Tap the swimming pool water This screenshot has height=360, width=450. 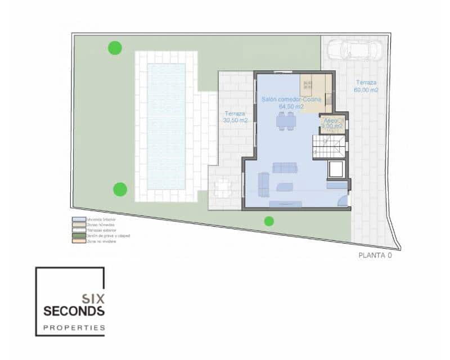point(166,126)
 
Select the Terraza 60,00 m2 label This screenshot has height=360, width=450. point(366,85)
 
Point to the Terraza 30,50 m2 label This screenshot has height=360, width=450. point(235,116)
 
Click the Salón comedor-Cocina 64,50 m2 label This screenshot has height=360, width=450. point(291,102)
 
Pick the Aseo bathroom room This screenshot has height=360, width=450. point(332,124)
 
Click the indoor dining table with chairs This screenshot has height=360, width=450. point(285,120)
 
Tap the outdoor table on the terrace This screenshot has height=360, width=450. point(223,187)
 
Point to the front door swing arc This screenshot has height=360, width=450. point(343,201)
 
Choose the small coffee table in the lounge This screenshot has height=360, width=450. point(284,187)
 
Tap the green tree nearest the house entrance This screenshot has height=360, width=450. point(269,221)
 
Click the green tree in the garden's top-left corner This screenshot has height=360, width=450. point(115,48)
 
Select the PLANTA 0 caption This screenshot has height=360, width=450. point(375,255)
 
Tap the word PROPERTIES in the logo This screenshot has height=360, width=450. point(74,327)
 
